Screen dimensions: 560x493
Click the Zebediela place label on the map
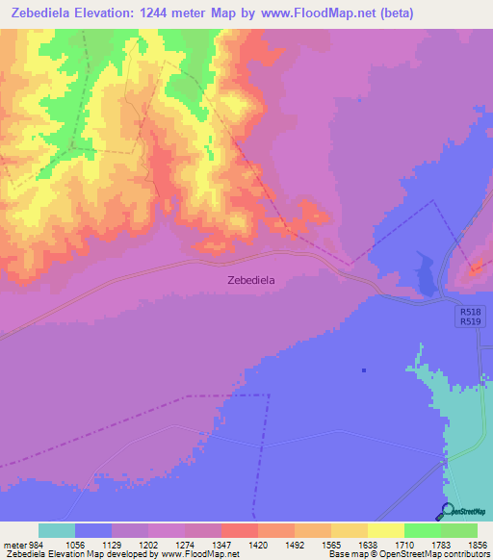[x=250, y=280]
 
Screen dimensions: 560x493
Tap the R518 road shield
[x=470, y=311]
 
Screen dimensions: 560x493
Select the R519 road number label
[x=470, y=322]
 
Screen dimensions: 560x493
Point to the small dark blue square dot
[x=364, y=369]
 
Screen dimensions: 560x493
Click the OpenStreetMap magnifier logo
[x=446, y=510]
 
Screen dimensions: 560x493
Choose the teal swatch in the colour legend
[x=57, y=530]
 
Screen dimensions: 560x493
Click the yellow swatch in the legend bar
[x=385, y=530]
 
